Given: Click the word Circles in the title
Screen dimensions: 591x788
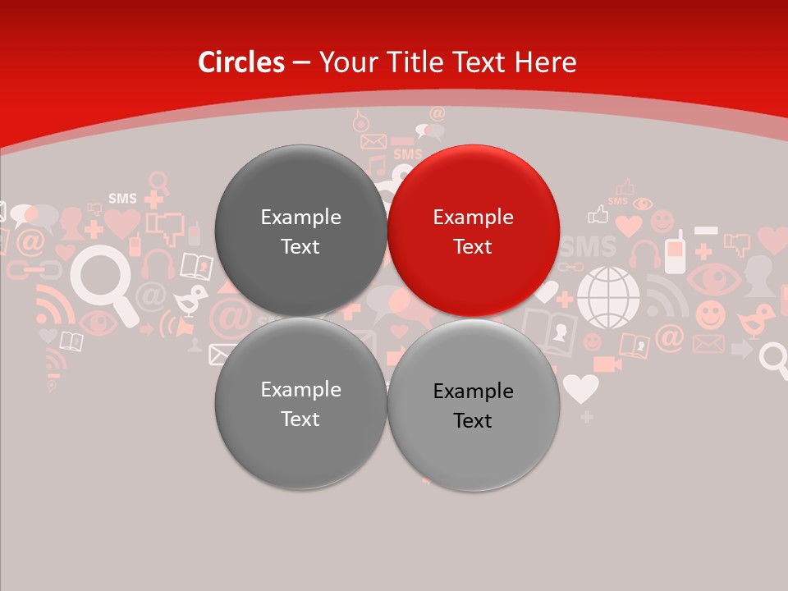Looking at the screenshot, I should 241,62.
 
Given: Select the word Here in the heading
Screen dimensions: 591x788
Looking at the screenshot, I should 545,62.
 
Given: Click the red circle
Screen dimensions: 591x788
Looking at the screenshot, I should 474,231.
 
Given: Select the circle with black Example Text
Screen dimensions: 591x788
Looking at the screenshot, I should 474,405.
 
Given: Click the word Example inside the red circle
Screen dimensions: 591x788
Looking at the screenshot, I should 473,218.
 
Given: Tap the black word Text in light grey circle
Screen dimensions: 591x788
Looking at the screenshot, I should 472,421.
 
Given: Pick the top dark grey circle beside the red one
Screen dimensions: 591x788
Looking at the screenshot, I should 300,231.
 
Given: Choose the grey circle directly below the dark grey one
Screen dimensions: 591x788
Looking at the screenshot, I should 300,403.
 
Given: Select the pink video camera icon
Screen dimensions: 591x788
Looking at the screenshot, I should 607,364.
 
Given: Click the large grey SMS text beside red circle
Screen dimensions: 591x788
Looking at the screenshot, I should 589,246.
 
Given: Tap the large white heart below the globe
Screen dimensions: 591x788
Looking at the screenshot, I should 581,387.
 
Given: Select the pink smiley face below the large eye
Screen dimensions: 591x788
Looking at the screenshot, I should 711,315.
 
